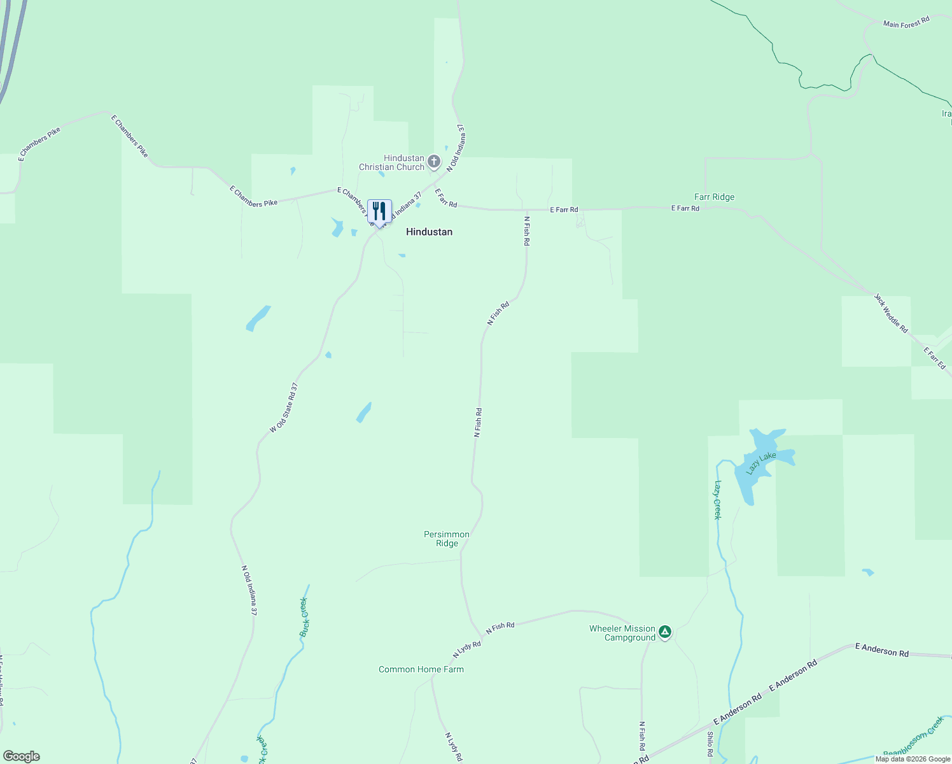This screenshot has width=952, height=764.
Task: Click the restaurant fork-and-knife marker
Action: click(x=379, y=211)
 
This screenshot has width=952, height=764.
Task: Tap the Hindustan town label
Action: click(x=429, y=232)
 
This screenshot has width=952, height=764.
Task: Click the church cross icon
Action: click(x=434, y=161)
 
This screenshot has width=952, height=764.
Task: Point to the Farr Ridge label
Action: click(x=714, y=197)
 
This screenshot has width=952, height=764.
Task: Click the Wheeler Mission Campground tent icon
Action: click(x=665, y=632)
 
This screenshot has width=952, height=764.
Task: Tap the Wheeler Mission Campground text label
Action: click(x=622, y=633)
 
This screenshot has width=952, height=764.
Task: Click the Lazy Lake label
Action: click(x=761, y=463)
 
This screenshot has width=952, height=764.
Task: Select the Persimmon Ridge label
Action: click(x=447, y=539)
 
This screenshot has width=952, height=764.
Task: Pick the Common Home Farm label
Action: click(x=421, y=669)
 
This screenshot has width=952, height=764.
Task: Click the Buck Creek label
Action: click(x=304, y=617)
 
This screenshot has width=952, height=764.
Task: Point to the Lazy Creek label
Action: click(x=717, y=500)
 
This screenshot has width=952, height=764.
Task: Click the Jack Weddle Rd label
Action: click(x=891, y=313)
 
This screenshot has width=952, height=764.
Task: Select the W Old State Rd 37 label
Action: click(x=284, y=408)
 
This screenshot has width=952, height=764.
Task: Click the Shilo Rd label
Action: click(x=710, y=744)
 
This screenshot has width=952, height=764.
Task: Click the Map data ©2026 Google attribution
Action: click(x=913, y=759)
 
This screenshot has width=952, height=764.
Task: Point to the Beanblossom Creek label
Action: click(x=914, y=737)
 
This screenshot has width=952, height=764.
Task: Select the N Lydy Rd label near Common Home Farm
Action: click(x=466, y=649)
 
